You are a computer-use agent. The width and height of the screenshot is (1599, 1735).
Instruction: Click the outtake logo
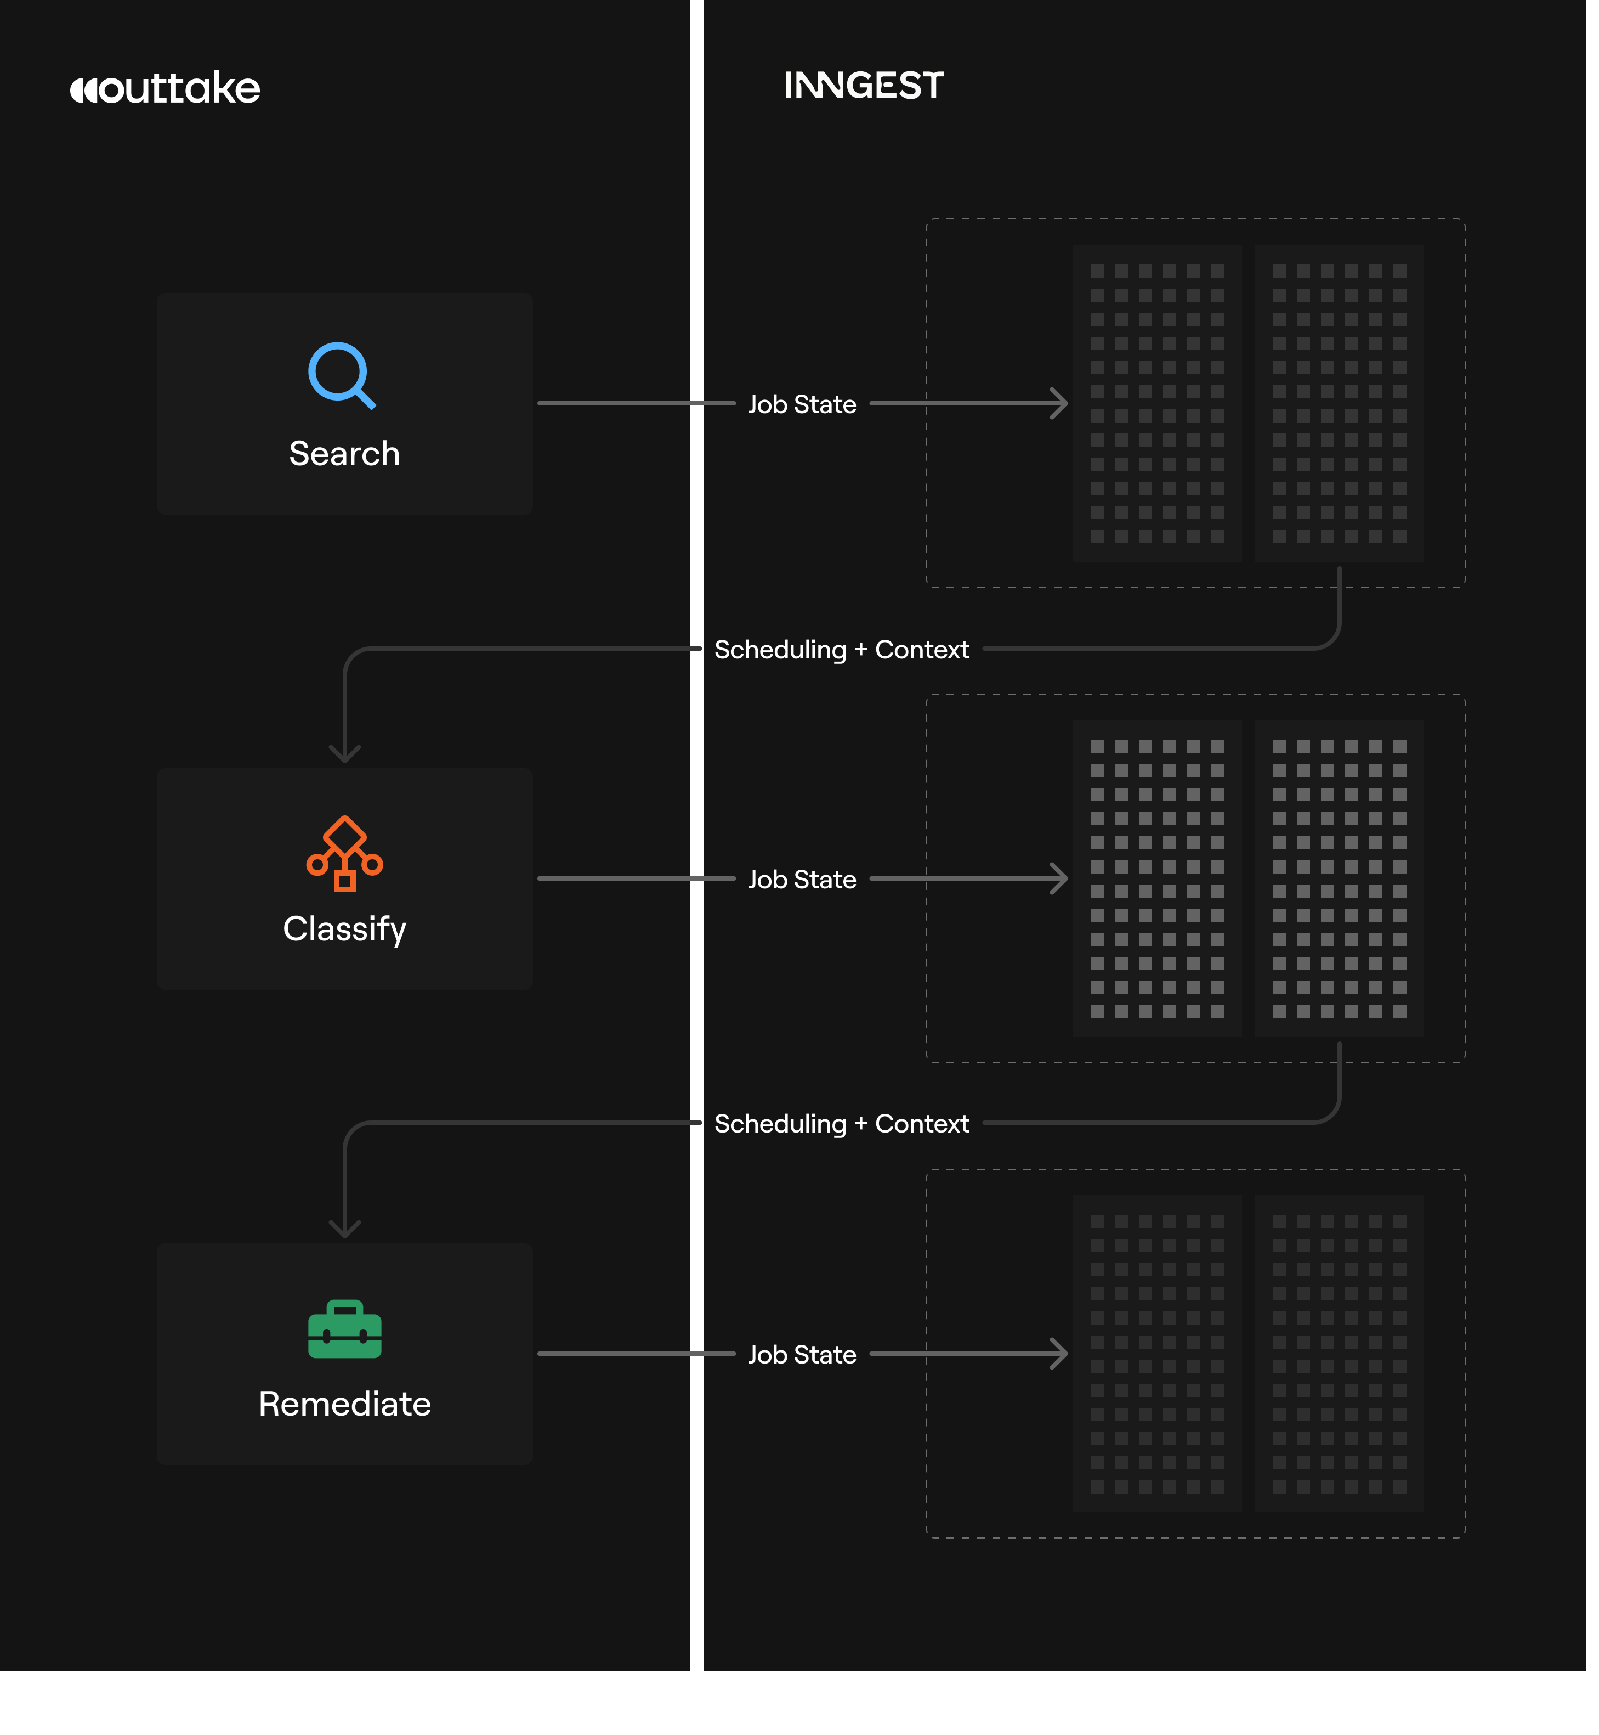tap(165, 88)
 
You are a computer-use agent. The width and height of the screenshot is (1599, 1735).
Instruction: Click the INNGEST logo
tap(864, 86)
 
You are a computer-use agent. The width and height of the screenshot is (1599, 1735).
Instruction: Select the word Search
tap(344, 454)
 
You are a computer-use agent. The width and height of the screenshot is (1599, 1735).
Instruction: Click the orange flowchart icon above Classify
tap(344, 854)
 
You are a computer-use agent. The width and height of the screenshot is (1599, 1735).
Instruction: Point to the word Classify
tap(344, 929)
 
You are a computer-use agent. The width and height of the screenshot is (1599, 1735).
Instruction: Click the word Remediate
tap(344, 1404)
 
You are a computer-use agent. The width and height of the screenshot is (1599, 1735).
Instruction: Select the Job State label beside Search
tap(802, 404)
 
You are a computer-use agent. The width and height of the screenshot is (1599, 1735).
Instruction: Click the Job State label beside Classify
tap(802, 880)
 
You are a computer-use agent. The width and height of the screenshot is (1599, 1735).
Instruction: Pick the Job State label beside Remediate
tap(802, 1355)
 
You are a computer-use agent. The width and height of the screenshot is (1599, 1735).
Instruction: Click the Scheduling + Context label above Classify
tap(841, 649)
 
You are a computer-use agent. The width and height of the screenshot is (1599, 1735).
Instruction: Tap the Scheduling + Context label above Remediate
tap(841, 1124)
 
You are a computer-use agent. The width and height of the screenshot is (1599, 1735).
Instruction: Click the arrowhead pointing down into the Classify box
tap(344, 755)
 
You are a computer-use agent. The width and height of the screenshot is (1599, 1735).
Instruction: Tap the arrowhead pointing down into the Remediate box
tap(344, 1230)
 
